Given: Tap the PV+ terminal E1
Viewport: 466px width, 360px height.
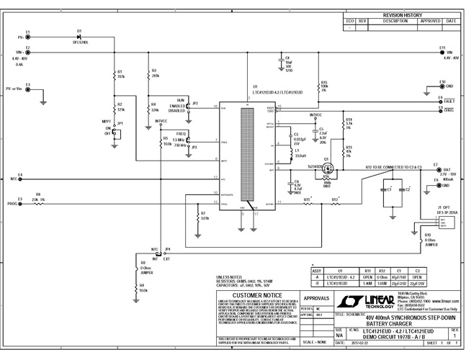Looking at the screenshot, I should [27, 36].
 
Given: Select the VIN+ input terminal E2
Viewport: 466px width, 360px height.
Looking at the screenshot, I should [27, 53].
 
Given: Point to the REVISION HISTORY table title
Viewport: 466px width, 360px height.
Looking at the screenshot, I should [400, 14].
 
